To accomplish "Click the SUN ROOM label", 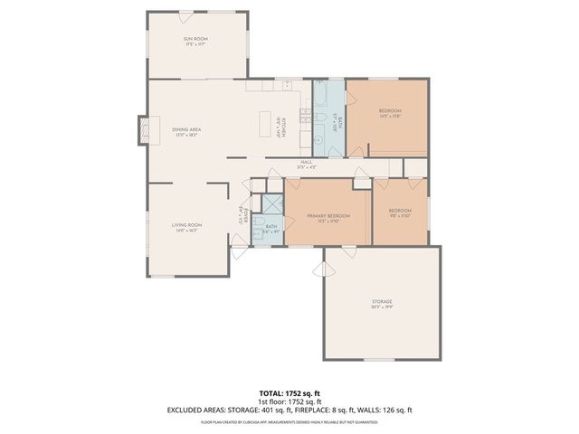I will pyautogui.click(x=196, y=39).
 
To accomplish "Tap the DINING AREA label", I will pyautogui.click(x=186, y=130).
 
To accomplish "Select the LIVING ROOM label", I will pyautogui.click(x=187, y=225).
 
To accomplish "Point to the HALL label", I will pyautogui.click(x=307, y=162).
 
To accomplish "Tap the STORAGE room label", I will pyautogui.click(x=383, y=301).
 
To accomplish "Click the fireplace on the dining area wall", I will pyautogui.click(x=141, y=130).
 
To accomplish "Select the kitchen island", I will pyautogui.click(x=265, y=124).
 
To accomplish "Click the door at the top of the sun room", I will pyautogui.click(x=196, y=13).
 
